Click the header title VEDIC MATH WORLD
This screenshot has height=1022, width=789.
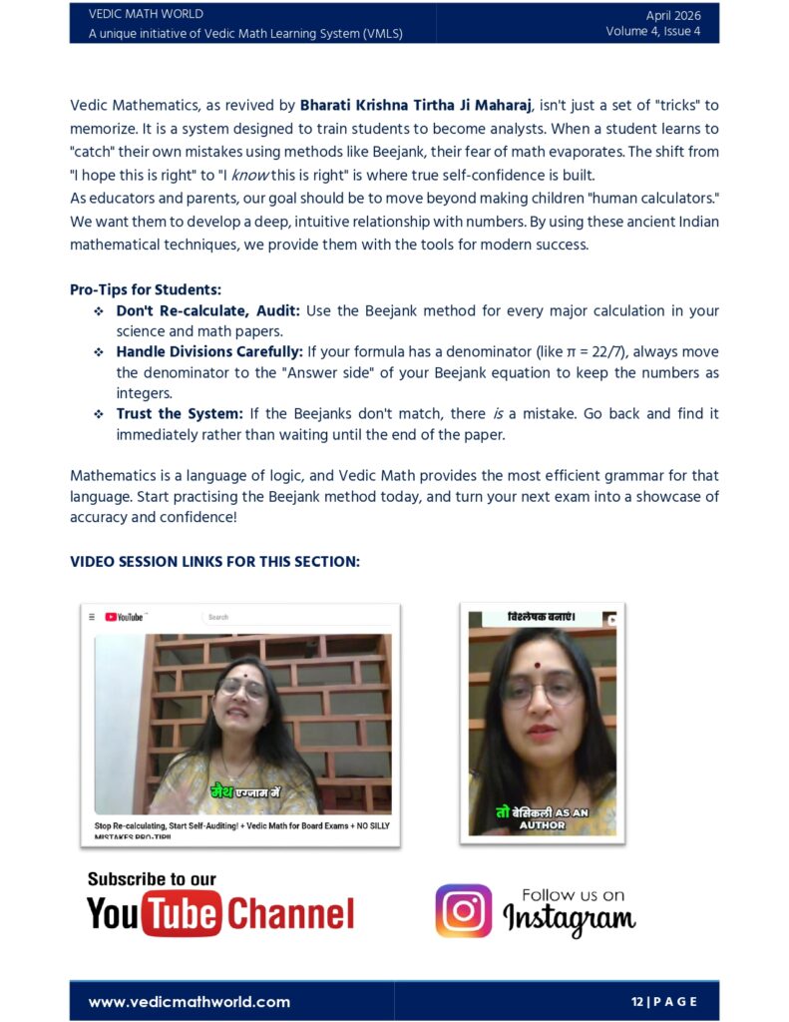point(146,14)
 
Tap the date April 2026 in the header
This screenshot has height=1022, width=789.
point(672,15)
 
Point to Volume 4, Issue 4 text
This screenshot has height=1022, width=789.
point(652,32)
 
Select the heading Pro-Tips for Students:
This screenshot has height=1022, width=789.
point(145,289)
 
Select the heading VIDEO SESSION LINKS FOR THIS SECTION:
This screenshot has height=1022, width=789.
point(214,561)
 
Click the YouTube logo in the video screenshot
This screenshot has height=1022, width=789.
point(124,617)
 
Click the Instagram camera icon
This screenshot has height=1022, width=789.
point(463,910)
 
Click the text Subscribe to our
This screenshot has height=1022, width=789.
point(152,879)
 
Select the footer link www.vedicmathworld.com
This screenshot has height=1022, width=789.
point(190,1001)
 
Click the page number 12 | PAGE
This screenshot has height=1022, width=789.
point(663,1001)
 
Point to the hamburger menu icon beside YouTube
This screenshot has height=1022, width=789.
point(92,617)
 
